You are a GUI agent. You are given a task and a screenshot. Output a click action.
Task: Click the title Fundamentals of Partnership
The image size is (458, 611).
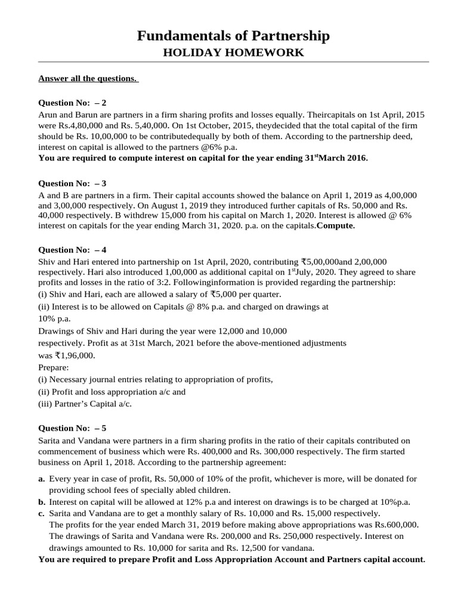[233, 36]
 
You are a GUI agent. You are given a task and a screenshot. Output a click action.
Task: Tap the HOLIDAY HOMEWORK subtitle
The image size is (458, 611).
[233, 53]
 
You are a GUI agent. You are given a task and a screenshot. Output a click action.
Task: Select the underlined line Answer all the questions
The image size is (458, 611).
[88, 78]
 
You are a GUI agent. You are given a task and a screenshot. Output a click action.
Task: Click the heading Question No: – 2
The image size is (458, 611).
[72, 103]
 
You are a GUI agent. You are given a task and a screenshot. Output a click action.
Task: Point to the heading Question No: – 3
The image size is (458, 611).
[72, 183]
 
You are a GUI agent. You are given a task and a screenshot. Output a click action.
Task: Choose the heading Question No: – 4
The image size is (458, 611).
[72, 249]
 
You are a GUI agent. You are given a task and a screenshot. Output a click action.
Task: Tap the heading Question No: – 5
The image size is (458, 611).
[72, 428]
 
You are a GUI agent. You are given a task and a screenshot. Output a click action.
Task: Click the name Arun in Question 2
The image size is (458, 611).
[49, 114]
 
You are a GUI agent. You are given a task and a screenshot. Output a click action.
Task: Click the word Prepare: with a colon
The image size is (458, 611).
[54, 367]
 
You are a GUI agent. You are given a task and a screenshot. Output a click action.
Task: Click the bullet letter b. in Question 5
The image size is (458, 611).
[42, 502]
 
